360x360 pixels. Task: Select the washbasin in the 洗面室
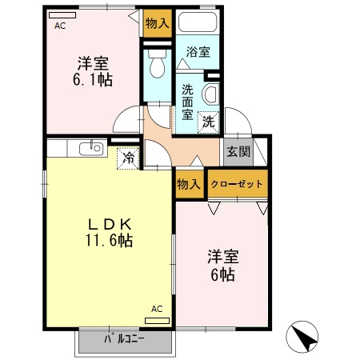click(212, 94)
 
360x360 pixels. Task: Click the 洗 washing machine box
click(208, 122)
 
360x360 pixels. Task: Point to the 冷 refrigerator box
click(128, 158)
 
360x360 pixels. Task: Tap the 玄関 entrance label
click(237, 152)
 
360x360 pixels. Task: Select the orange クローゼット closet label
click(237, 183)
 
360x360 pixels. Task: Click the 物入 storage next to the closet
click(189, 184)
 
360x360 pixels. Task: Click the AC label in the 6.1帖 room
click(61, 26)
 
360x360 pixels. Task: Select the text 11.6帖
click(109, 239)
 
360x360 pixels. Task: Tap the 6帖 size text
click(222, 274)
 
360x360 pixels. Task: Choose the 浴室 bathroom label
click(198, 53)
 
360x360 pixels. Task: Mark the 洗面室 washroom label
click(186, 101)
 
